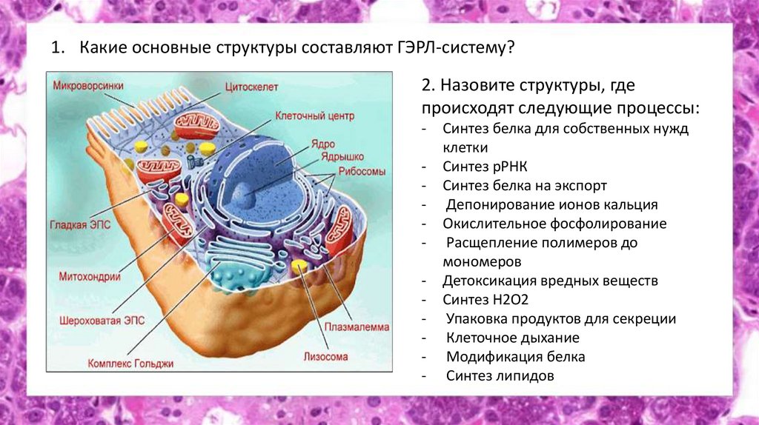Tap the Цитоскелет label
click(x=252, y=87)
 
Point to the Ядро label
click(x=323, y=144)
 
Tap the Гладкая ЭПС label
click(x=80, y=224)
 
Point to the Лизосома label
click(x=325, y=356)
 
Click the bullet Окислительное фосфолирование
click(x=554, y=224)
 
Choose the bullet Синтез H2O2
click(x=485, y=300)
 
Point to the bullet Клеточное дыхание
click(x=512, y=338)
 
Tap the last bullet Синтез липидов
click(x=500, y=375)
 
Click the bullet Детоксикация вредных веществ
click(x=550, y=281)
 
